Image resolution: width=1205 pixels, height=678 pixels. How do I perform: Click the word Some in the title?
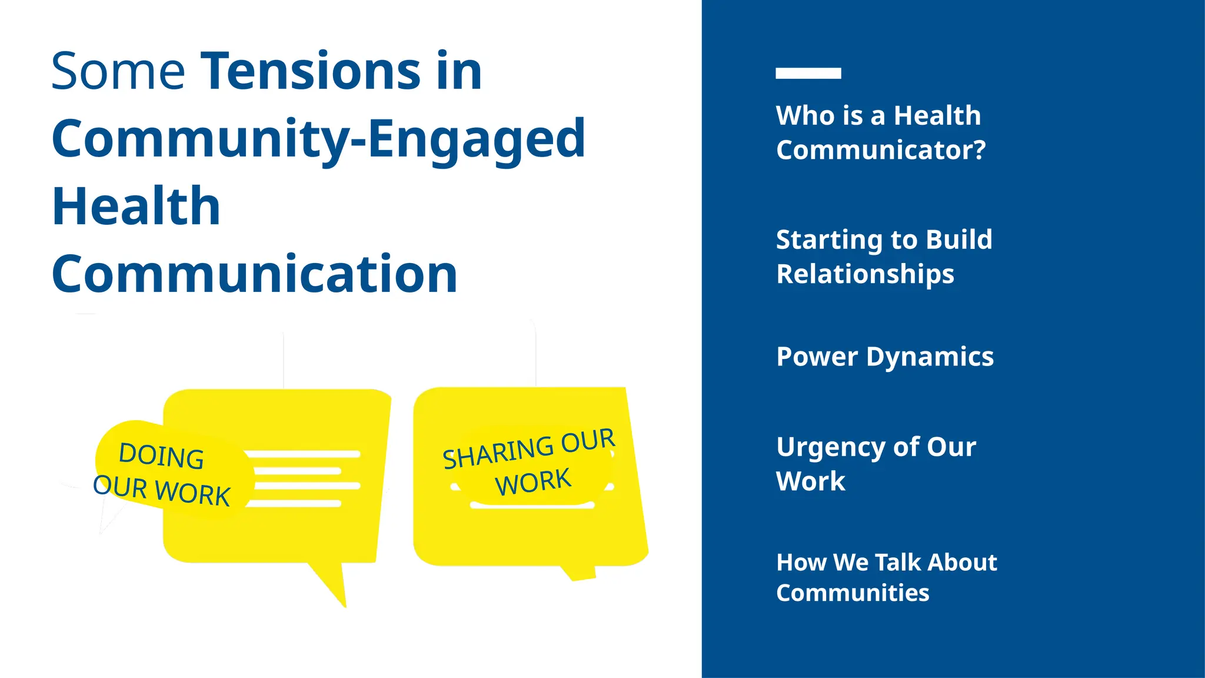coord(118,72)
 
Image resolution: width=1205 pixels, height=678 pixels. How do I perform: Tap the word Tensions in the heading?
coord(311,72)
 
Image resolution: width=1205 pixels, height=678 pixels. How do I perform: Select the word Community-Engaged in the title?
coord(318,139)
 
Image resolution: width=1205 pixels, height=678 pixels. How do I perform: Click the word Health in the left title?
coord(136,207)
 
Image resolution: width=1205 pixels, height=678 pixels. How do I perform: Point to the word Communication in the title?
coord(254,274)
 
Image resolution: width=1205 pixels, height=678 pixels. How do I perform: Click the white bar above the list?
coord(808,73)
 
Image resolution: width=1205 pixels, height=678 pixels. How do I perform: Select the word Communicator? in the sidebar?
coord(880,150)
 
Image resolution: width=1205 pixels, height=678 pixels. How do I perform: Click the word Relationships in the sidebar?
coord(865,274)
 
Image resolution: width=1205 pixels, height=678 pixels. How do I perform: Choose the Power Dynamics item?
coord(884,357)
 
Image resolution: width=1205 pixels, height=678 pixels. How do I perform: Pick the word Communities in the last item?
coord(852,593)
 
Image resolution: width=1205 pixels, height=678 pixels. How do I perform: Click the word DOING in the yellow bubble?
coord(161,456)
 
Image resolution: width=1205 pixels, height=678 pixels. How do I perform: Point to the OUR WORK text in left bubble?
coord(162,490)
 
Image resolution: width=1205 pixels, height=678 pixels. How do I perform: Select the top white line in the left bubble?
coord(302,454)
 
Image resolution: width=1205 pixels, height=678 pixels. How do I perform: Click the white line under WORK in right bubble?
coord(532,506)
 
